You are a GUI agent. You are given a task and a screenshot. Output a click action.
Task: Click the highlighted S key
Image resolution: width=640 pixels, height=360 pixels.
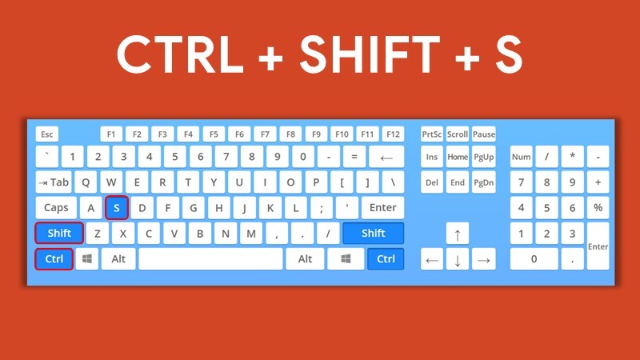click(117, 208)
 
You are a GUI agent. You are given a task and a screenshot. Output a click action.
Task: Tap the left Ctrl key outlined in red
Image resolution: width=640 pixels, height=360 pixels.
click(54, 259)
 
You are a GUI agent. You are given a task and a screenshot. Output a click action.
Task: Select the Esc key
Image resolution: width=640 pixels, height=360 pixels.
click(48, 134)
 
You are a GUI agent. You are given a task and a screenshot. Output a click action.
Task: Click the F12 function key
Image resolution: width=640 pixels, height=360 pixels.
click(393, 134)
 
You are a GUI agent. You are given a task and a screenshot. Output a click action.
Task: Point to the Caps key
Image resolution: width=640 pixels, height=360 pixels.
click(56, 208)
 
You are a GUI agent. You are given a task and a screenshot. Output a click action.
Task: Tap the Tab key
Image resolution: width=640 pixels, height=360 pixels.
click(54, 182)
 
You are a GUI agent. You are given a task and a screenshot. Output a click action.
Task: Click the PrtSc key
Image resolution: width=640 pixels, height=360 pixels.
click(432, 134)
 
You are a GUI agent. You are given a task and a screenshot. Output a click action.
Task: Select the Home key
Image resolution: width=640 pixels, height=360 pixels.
click(458, 158)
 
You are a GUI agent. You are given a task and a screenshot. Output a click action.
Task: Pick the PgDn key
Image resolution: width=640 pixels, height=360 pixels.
click(483, 182)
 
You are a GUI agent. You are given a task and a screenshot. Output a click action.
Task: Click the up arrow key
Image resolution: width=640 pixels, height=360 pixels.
click(457, 234)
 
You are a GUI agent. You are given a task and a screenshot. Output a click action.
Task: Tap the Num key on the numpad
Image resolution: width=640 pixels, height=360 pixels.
click(521, 158)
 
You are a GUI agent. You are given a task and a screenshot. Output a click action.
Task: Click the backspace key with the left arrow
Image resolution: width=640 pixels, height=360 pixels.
click(386, 158)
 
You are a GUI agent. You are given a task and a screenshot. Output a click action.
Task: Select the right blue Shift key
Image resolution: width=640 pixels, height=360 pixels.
click(373, 234)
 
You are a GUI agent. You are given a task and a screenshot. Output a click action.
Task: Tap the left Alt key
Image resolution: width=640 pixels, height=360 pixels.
click(118, 259)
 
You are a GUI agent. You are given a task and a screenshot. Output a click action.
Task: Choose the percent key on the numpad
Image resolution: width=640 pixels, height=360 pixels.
click(598, 208)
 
